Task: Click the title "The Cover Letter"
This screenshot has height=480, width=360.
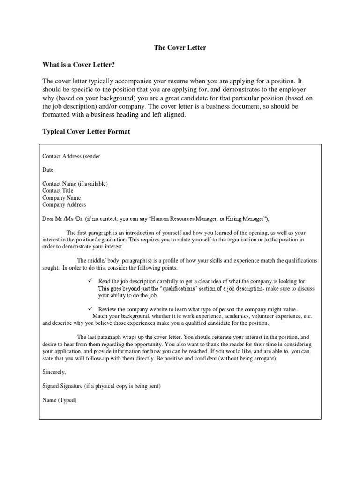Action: pos(180,48)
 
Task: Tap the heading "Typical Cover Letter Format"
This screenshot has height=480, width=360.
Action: pos(86,132)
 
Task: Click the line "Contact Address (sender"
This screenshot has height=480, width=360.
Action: pos(71,156)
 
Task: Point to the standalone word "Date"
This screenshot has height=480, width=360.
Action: pos(48,170)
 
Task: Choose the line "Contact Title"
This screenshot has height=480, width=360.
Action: pos(58,191)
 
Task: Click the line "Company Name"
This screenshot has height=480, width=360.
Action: pos(61,198)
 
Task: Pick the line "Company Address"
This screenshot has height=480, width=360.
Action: pos(64,205)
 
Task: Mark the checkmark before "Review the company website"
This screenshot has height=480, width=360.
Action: pos(91,309)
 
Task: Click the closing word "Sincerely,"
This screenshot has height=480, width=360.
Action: pos(54,372)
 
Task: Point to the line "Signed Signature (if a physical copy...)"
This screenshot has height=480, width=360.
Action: pos(101,386)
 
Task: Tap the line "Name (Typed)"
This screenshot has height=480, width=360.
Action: pos(59,400)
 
